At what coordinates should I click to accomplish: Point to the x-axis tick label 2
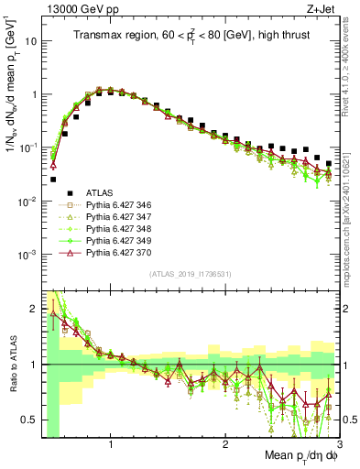(225, 446)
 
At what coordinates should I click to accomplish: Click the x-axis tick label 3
(339, 446)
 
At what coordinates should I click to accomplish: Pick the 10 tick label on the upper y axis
(29, 41)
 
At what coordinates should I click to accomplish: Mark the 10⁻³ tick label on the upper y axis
(27, 254)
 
